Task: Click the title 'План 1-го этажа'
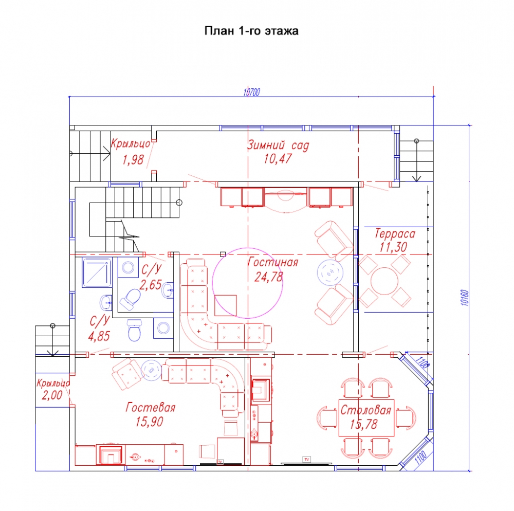[x=251, y=31]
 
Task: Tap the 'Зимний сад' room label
[x=278, y=145]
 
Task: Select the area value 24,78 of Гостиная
[x=268, y=277]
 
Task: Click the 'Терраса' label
[x=395, y=233]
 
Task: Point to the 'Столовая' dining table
[x=366, y=417]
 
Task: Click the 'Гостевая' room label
[x=151, y=408]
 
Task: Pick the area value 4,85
[x=99, y=336]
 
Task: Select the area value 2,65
[x=151, y=284]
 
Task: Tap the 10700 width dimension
[x=252, y=92]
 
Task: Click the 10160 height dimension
[x=465, y=298]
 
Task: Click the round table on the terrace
[x=384, y=281]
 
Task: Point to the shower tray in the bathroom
[x=97, y=272]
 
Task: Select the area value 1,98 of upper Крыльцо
[x=133, y=160]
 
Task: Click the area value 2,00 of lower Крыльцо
[x=52, y=395]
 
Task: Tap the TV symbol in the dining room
[x=307, y=459]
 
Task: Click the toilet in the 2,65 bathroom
[x=131, y=299]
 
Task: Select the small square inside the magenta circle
[x=226, y=305]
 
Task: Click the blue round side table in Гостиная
[x=330, y=272]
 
